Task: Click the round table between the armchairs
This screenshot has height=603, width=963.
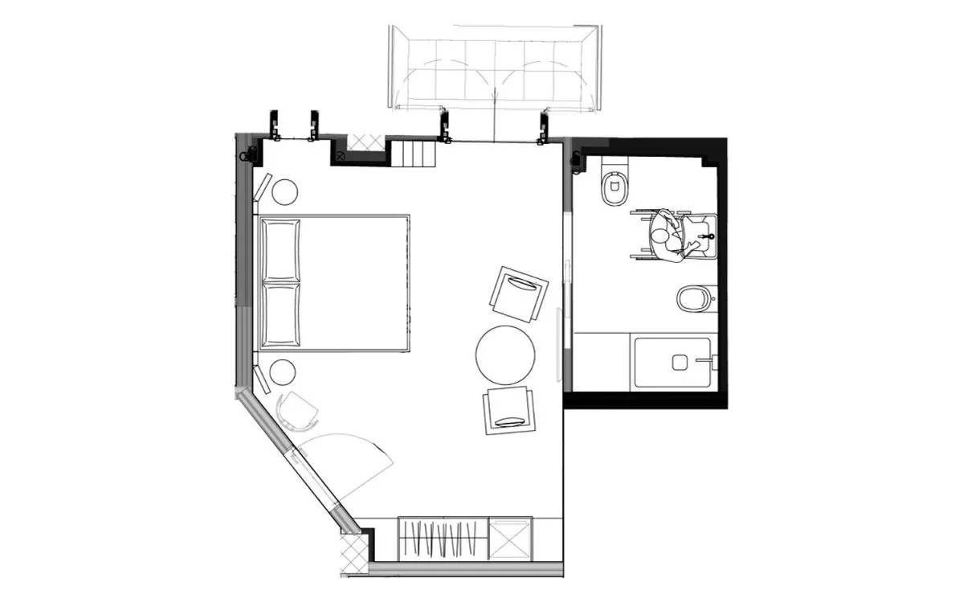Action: [x=505, y=355]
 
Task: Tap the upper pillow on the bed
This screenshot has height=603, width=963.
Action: [x=280, y=249]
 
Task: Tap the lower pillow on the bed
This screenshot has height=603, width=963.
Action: [x=280, y=314]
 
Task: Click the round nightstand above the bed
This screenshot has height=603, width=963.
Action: [x=284, y=191]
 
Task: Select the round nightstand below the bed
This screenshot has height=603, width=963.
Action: [x=282, y=372]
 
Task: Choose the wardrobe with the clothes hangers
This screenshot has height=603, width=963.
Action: [x=443, y=538]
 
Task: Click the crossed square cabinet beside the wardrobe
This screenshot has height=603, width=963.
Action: [x=509, y=538]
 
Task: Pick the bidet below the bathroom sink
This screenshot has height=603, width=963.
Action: [x=693, y=299]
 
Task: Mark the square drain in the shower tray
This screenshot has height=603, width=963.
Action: [x=679, y=363]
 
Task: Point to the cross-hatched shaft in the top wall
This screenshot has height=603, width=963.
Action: [x=366, y=143]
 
